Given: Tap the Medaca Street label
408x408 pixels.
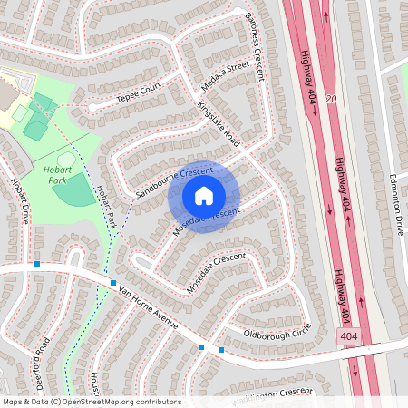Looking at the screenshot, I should click(225, 78).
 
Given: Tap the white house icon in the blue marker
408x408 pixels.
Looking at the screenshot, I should click(204, 195).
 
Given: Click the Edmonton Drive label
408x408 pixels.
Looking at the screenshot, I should click(395, 205).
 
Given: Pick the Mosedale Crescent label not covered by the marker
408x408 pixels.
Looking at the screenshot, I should click(217, 272).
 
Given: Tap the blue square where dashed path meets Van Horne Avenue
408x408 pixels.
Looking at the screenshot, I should click(112, 284).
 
